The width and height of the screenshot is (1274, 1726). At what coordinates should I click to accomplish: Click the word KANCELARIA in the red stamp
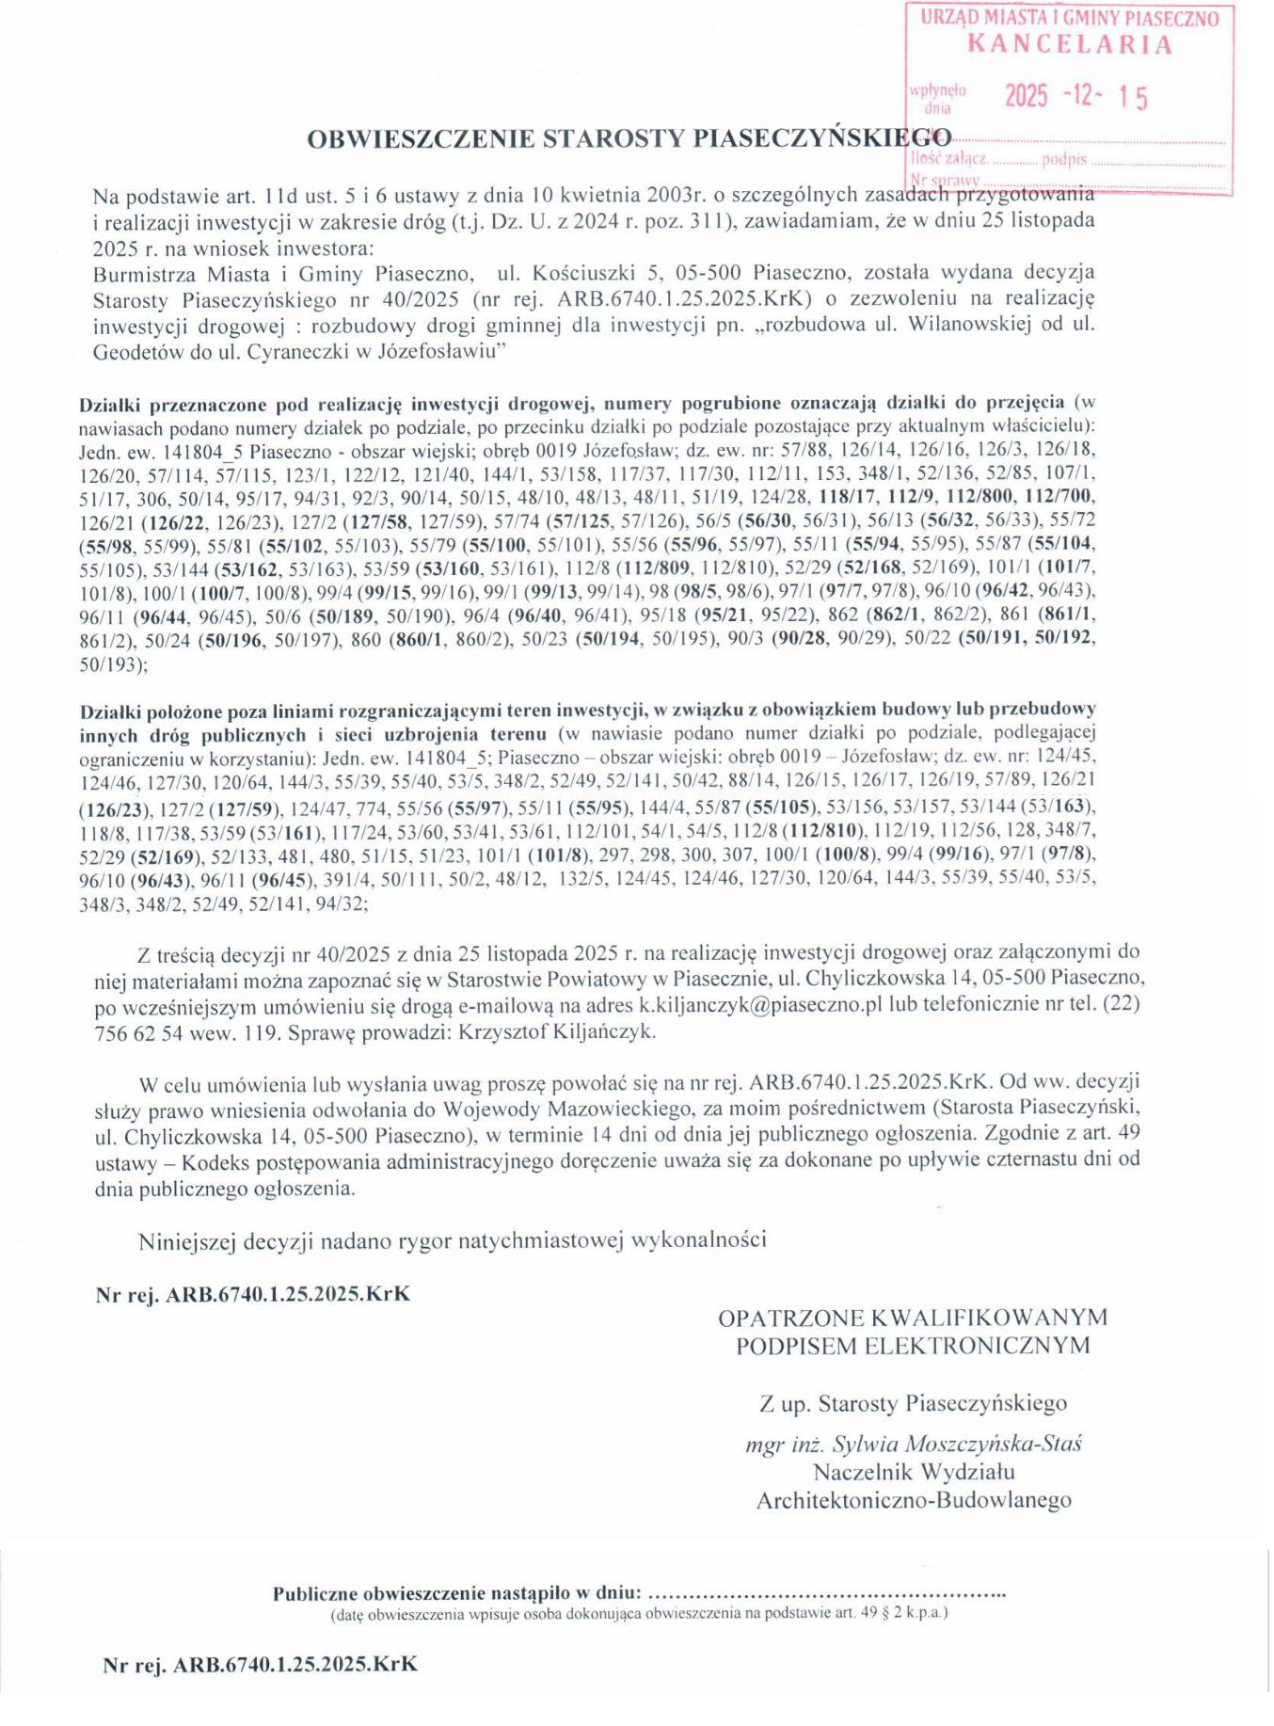[1070, 44]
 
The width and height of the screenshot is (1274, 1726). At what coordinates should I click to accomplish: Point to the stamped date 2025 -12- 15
[1076, 96]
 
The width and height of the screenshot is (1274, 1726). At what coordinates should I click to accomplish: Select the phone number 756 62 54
[139, 1031]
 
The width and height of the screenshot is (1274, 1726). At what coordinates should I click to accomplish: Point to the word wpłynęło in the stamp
[937, 90]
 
